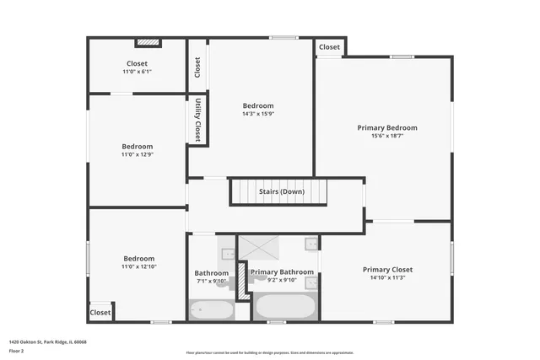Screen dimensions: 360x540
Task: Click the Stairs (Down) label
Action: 282,191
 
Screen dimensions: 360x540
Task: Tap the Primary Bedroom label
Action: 386,127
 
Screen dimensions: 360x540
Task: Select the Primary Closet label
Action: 387,270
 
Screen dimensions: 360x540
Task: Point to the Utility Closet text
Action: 197,119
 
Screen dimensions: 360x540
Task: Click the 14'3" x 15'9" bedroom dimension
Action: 259,114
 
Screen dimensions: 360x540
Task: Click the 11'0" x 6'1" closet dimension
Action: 137,72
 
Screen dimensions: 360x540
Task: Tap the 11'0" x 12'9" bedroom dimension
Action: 137,154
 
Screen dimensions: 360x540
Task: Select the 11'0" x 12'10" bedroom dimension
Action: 139,266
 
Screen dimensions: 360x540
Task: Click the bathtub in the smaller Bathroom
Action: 211,311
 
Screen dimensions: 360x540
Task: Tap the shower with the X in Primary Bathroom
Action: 262,250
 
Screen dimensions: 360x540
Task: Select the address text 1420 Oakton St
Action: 47,341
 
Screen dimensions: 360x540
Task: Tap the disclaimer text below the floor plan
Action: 269,352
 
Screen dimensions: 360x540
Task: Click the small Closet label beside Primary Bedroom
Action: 330,47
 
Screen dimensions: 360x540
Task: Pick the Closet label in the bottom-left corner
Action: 100,312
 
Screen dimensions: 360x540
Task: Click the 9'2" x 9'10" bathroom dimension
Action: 282,280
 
